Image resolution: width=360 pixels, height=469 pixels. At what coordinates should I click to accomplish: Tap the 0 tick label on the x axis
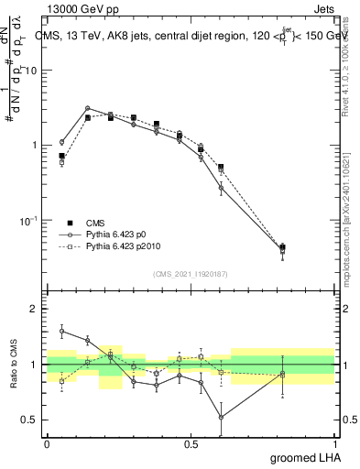click(x=47, y=443)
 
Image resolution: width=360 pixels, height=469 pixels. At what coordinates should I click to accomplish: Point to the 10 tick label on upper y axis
click(x=30, y=71)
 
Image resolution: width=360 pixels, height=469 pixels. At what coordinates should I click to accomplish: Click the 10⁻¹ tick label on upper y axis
click(x=27, y=221)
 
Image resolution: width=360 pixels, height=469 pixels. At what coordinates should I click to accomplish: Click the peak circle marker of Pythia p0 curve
click(x=87, y=108)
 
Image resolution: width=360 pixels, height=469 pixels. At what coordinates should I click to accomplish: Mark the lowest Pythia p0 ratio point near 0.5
click(x=221, y=417)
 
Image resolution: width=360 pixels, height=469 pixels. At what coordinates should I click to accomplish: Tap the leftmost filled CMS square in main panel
click(x=61, y=156)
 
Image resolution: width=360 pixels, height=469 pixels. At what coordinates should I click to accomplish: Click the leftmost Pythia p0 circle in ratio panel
click(x=61, y=331)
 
